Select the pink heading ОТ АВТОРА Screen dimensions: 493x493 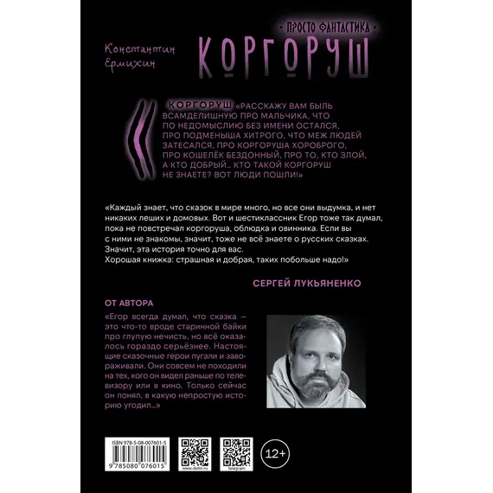[128, 303]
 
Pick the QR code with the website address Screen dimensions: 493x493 [195, 452]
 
